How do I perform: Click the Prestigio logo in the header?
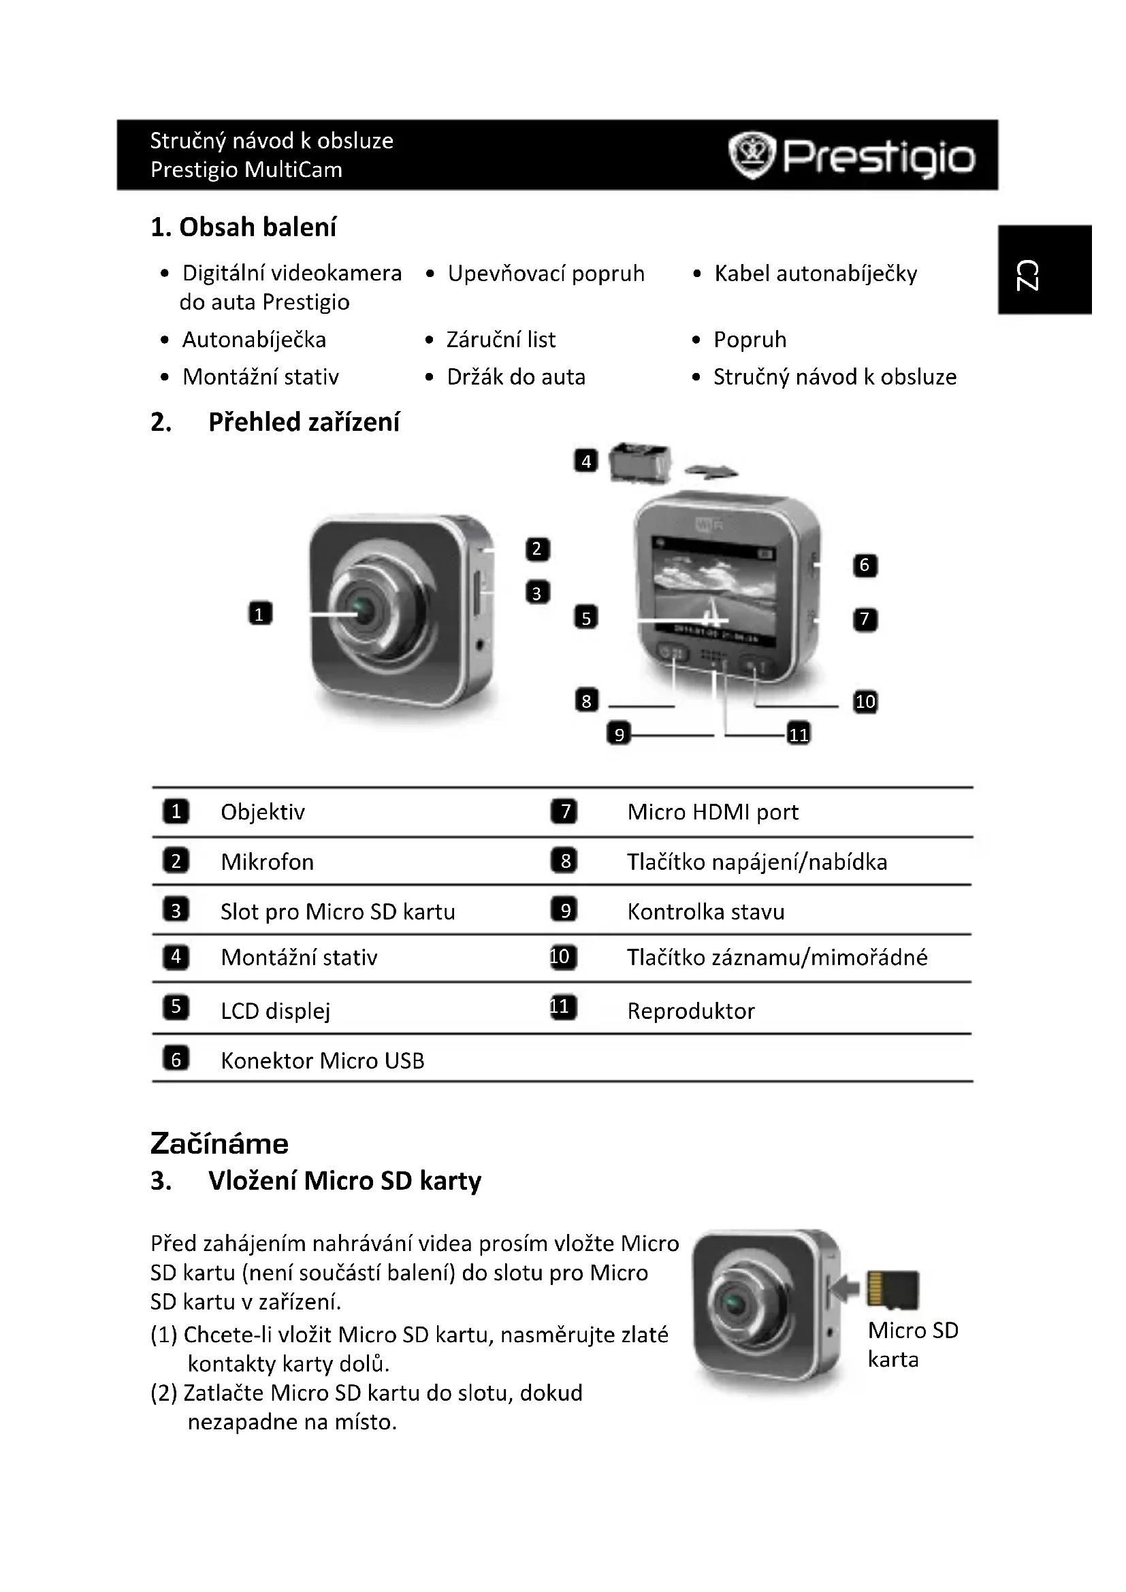tap(852, 156)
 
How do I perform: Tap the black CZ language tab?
tap(1046, 270)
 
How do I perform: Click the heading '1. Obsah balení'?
tap(243, 227)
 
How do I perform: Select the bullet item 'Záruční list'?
tap(500, 340)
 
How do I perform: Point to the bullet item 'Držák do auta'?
tap(516, 377)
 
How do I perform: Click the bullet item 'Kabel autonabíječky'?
tap(816, 274)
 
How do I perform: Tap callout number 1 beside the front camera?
tap(260, 614)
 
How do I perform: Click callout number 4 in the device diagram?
tap(586, 461)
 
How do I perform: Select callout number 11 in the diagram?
tap(799, 734)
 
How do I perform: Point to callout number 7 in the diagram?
tap(865, 619)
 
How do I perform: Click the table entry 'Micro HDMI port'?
tap(713, 812)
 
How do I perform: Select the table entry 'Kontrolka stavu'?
tap(706, 912)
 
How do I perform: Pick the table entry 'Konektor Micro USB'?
tap(323, 1061)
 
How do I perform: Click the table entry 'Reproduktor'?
tap(690, 1011)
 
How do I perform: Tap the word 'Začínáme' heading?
tap(219, 1144)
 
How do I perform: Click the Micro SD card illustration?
tap(893, 1290)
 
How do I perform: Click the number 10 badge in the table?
tap(561, 958)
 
